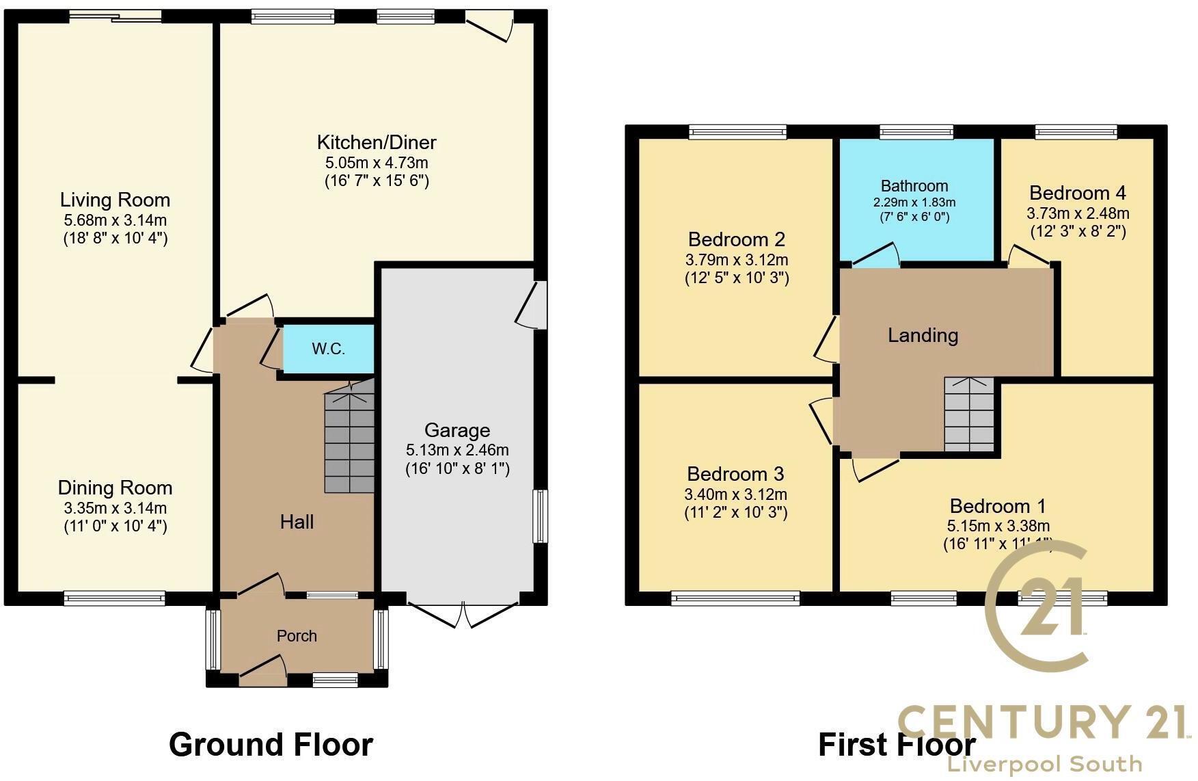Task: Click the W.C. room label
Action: (x=328, y=349)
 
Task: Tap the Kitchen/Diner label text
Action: (x=376, y=142)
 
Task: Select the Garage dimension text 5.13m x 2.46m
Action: (x=457, y=450)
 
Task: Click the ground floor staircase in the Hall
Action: (x=350, y=438)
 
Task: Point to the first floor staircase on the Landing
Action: (x=969, y=414)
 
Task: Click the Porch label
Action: (x=297, y=636)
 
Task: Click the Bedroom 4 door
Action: (x=1029, y=257)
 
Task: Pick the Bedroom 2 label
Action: (x=737, y=239)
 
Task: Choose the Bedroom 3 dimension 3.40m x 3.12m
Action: (x=735, y=494)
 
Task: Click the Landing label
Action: (x=923, y=335)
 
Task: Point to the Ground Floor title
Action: (x=271, y=745)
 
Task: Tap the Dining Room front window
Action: (x=114, y=598)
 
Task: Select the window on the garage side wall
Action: (x=540, y=516)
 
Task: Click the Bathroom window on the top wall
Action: (x=916, y=132)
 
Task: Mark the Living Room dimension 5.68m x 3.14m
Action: (x=115, y=220)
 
